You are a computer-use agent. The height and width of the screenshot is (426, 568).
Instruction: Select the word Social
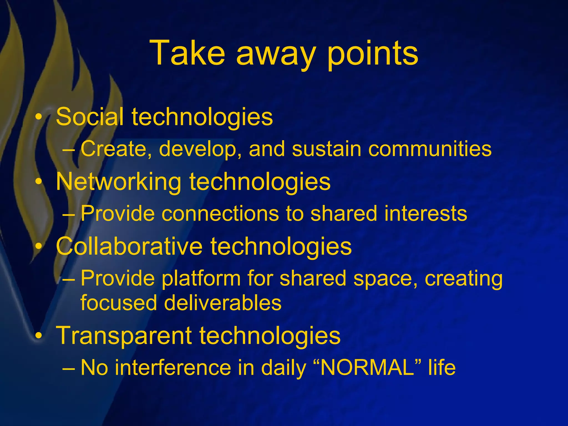click(x=90, y=116)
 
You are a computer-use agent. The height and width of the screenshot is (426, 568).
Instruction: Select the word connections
click(x=220, y=214)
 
